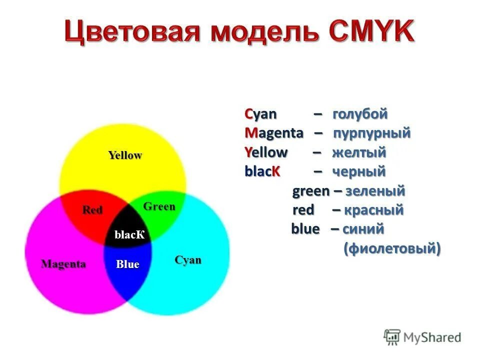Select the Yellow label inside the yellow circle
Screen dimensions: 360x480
click(125, 155)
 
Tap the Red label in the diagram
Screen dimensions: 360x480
click(92, 210)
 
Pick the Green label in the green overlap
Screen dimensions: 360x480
click(159, 206)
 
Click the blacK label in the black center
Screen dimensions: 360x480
click(129, 235)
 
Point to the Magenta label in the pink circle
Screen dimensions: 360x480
click(63, 264)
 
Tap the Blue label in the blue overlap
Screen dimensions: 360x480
click(127, 264)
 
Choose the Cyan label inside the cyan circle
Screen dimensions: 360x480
click(188, 260)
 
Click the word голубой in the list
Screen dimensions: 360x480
click(360, 114)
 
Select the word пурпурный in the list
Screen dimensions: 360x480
click(371, 133)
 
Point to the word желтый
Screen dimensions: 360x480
click(359, 152)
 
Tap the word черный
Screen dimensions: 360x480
click(359, 172)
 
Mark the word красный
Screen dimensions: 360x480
click(373, 210)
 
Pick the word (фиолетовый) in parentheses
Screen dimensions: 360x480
click(392, 248)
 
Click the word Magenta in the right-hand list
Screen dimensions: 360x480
click(274, 133)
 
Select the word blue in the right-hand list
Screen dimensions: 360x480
click(305, 229)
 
